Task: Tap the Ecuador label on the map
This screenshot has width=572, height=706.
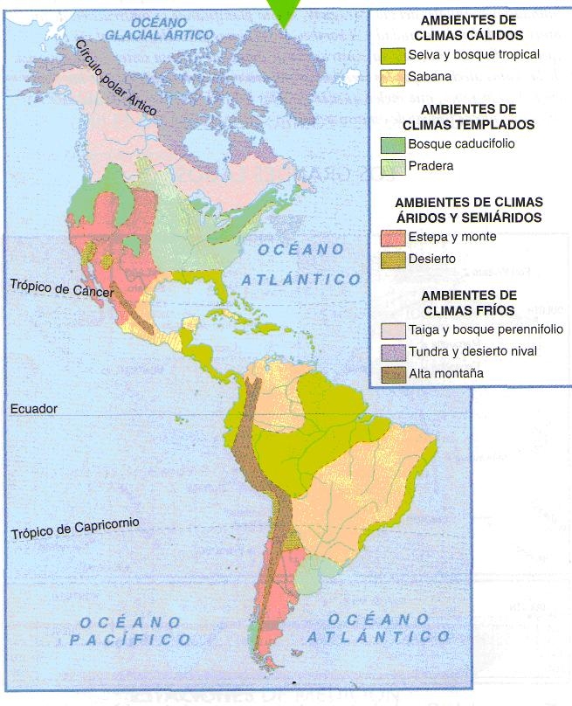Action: click(x=33, y=408)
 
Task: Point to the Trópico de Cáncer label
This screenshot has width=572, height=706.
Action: click(x=61, y=288)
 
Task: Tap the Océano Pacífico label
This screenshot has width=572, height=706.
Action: click(x=132, y=631)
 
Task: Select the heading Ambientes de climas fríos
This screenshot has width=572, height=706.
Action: click(x=469, y=303)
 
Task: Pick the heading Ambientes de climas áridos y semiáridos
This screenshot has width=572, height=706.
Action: click(x=469, y=210)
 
